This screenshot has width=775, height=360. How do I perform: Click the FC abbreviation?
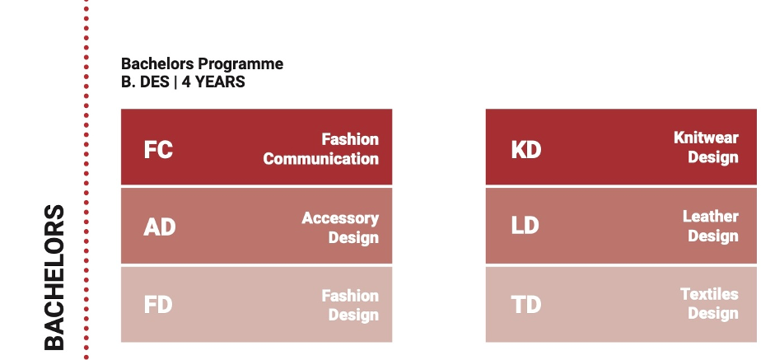pos(158,149)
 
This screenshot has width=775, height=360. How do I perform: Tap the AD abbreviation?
pos(160,227)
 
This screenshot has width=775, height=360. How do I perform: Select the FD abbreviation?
pos(158,304)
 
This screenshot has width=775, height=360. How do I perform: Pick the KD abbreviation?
pos(526,149)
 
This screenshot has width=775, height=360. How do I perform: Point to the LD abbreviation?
pos(525,226)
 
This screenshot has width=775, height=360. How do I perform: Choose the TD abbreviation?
pos(526,304)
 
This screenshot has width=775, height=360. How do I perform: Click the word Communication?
pos(320,159)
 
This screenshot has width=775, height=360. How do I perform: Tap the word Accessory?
pos(340,218)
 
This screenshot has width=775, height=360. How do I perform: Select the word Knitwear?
pos(706,138)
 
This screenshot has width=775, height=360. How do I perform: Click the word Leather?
pos(710,216)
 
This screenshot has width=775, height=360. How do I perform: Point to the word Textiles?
pos(709,294)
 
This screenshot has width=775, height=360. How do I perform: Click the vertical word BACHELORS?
pos(54,278)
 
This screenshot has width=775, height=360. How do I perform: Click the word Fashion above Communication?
pos(350,139)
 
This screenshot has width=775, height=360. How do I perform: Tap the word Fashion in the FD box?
pos(350,296)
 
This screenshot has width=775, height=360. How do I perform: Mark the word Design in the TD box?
pos(713,314)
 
